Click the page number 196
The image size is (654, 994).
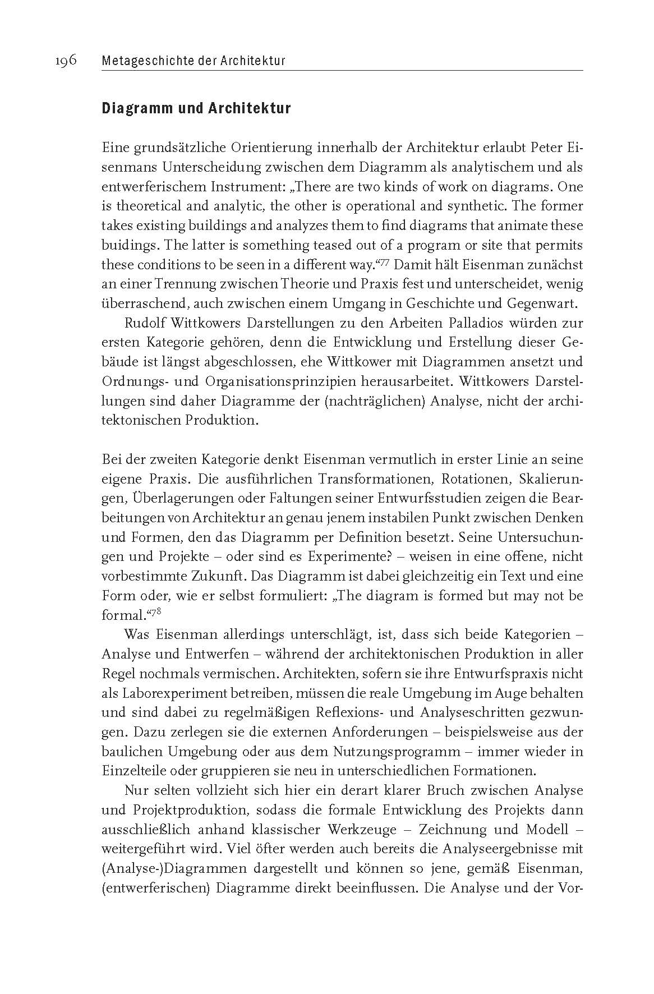[66, 61]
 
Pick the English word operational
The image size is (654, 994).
[417, 207]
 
